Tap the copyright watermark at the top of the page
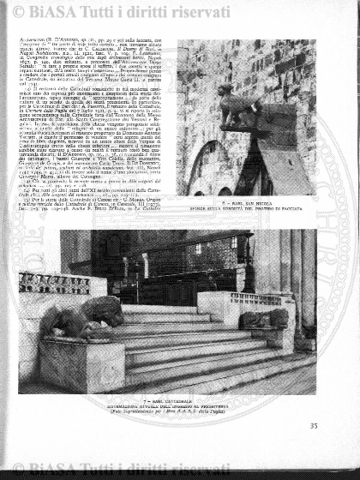click(179, 12)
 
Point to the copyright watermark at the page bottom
click(179, 468)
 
